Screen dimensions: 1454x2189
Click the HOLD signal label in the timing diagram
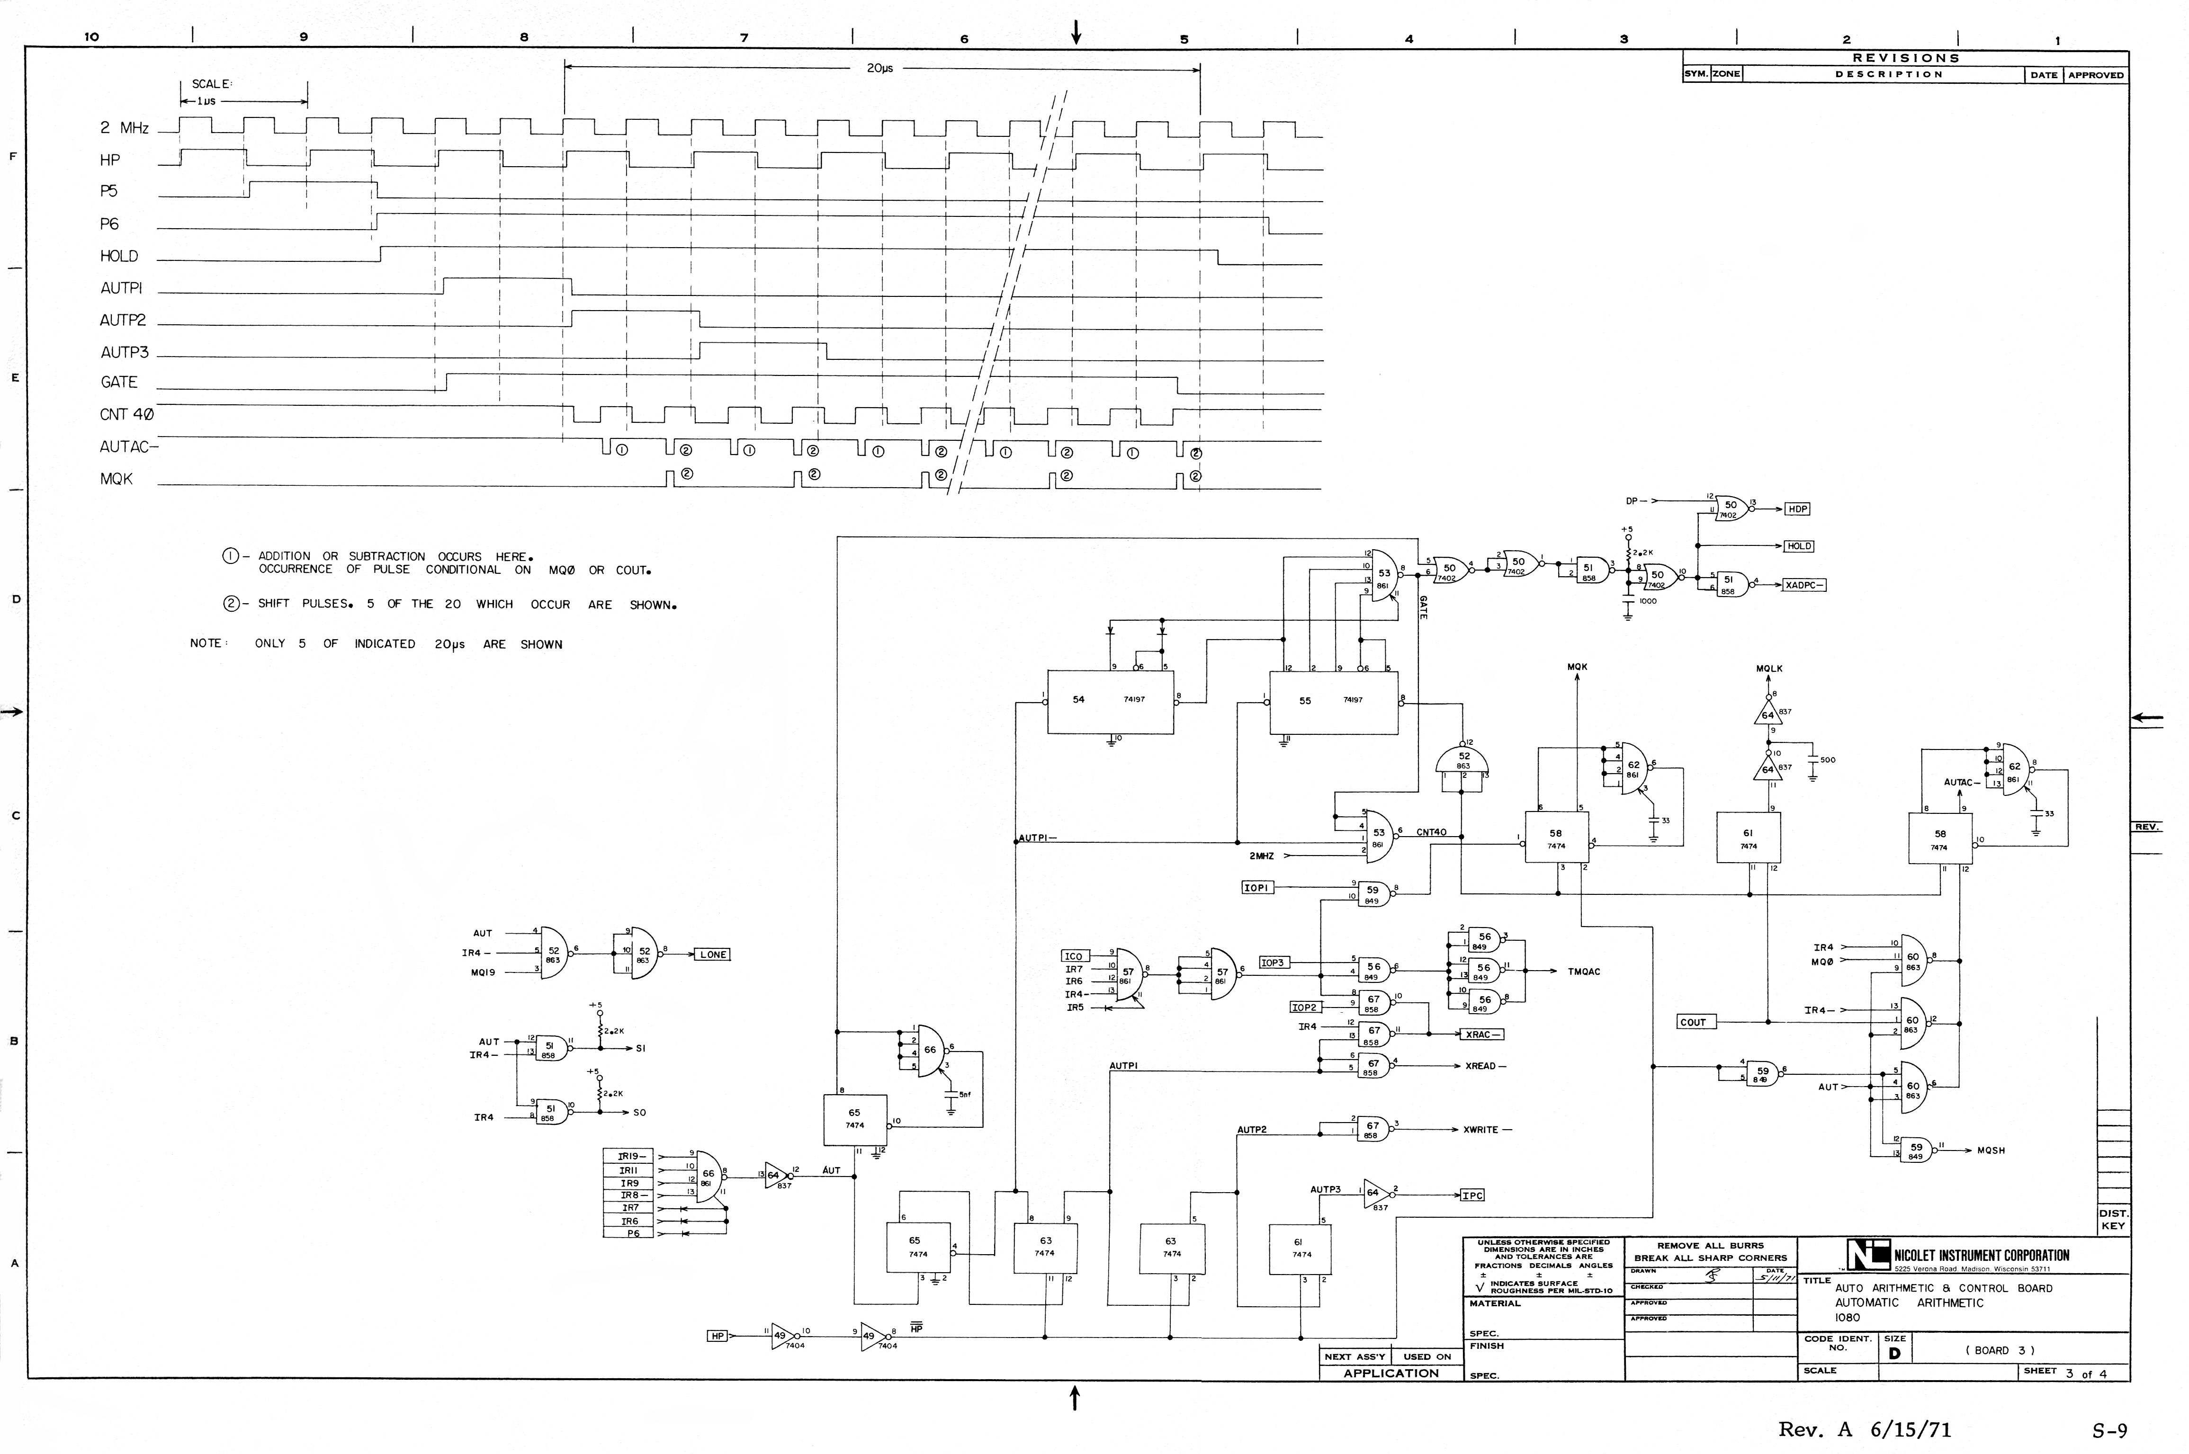pyautogui.click(x=119, y=256)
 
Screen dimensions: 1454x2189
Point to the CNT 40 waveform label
pyautogui.click(x=126, y=414)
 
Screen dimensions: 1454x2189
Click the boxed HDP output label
pyautogui.click(x=1798, y=509)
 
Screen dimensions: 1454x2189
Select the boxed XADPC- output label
pyautogui.click(x=1805, y=585)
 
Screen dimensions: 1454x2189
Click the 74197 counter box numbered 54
pyautogui.click(x=1110, y=701)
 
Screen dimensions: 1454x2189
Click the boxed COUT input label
pyautogui.click(x=1693, y=1022)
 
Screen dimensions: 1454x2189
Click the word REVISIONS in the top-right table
pyautogui.click(x=1905, y=57)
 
